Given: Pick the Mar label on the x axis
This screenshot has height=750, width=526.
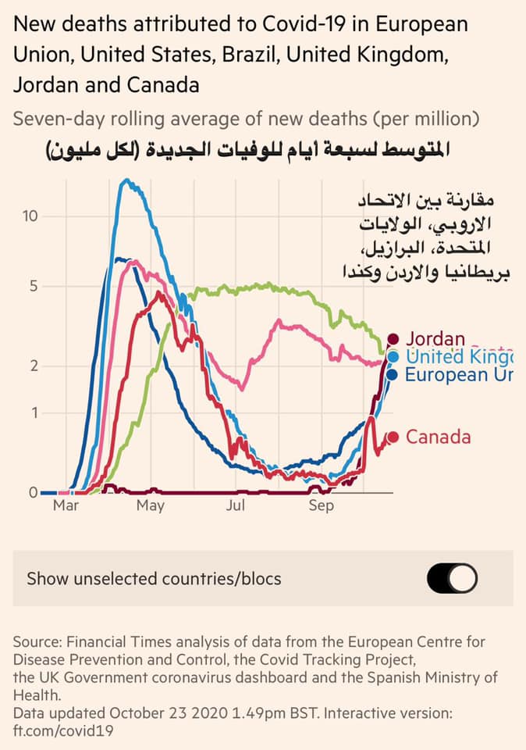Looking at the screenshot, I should (x=66, y=506).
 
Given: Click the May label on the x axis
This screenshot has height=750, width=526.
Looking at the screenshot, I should (x=150, y=506).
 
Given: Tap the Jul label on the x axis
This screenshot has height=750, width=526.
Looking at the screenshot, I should (x=236, y=506).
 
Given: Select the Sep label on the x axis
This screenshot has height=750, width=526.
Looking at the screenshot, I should (x=321, y=506).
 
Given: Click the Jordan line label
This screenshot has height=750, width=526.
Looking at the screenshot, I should (x=435, y=339).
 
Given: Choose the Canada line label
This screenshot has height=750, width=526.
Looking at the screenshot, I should (x=438, y=437).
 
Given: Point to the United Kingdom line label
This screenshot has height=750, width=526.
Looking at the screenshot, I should (x=458, y=357).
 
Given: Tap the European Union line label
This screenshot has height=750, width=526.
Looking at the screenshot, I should (x=459, y=375).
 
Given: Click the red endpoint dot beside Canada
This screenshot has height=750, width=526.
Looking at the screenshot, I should (x=393, y=437).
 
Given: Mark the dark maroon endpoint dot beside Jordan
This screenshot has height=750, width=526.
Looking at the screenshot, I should (x=393, y=339).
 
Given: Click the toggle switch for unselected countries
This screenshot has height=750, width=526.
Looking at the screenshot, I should (x=452, y=579).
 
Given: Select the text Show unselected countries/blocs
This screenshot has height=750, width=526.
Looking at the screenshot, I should (x=154, y=579).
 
